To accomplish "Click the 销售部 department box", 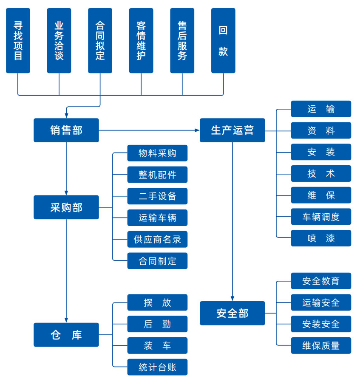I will coord(66,130).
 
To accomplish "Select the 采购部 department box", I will coord(66,207).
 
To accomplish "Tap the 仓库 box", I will coord(66,335).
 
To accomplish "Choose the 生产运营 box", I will coord(232,130).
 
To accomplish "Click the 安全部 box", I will coord(232,313).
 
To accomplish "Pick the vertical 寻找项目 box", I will coord(18,40).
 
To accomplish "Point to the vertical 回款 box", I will coord(223,40).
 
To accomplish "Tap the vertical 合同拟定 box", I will coord(100,40).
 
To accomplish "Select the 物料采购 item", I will coord(157,153).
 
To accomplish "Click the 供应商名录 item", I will coord(157,239).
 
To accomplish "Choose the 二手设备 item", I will coord(157,196).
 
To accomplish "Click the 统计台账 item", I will coord(157,367).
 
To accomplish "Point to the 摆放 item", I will coord(157,302).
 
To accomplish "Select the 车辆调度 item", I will coord(321,217).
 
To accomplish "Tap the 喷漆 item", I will coord(321,238).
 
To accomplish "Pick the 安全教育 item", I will coord(321,281).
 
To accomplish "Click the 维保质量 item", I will coord(321,345).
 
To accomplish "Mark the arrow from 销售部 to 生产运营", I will coord(149,130).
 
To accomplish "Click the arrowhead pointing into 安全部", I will coord(232,298).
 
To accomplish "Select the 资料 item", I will coord(321,130).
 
